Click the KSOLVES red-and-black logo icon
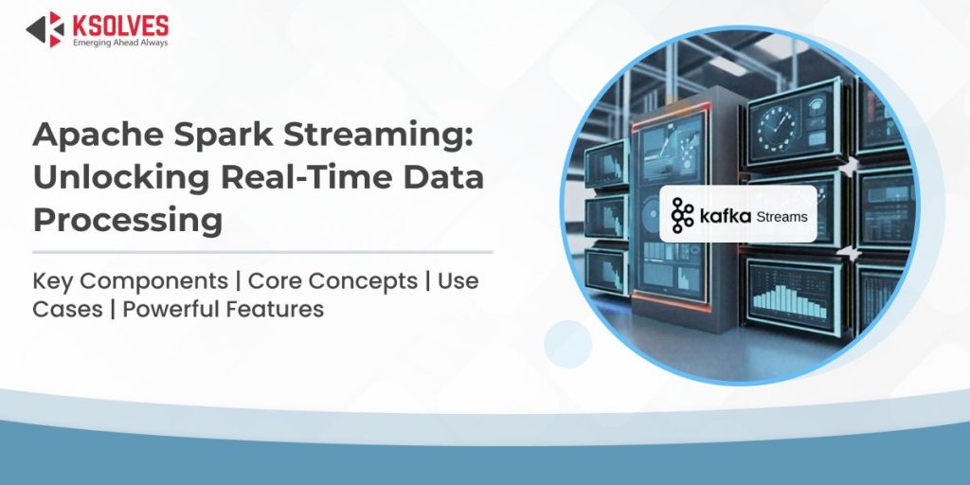pos(45,28)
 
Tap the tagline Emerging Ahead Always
pos(120,42)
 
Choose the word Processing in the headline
pos(128,221)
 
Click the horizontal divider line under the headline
pos(262,252)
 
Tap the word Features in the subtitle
pos(280,309)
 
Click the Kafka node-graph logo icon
pos(682,215)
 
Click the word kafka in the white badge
pos(725,216)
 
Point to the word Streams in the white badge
pos(781,217)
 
